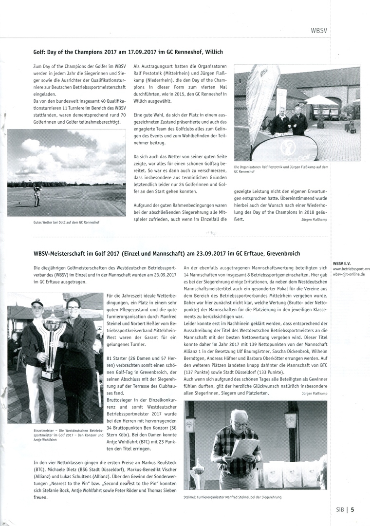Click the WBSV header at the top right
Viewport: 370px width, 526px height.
point(319,30)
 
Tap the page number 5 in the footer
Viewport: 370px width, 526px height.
point(352,510)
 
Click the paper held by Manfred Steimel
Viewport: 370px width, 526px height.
point(244,447)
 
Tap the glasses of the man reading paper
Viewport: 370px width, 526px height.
point(240,424)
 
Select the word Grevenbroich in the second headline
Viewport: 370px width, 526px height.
point(277,253)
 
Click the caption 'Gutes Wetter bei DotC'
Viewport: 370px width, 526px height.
point(59,223)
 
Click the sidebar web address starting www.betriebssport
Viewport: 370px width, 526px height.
point(351,269)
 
